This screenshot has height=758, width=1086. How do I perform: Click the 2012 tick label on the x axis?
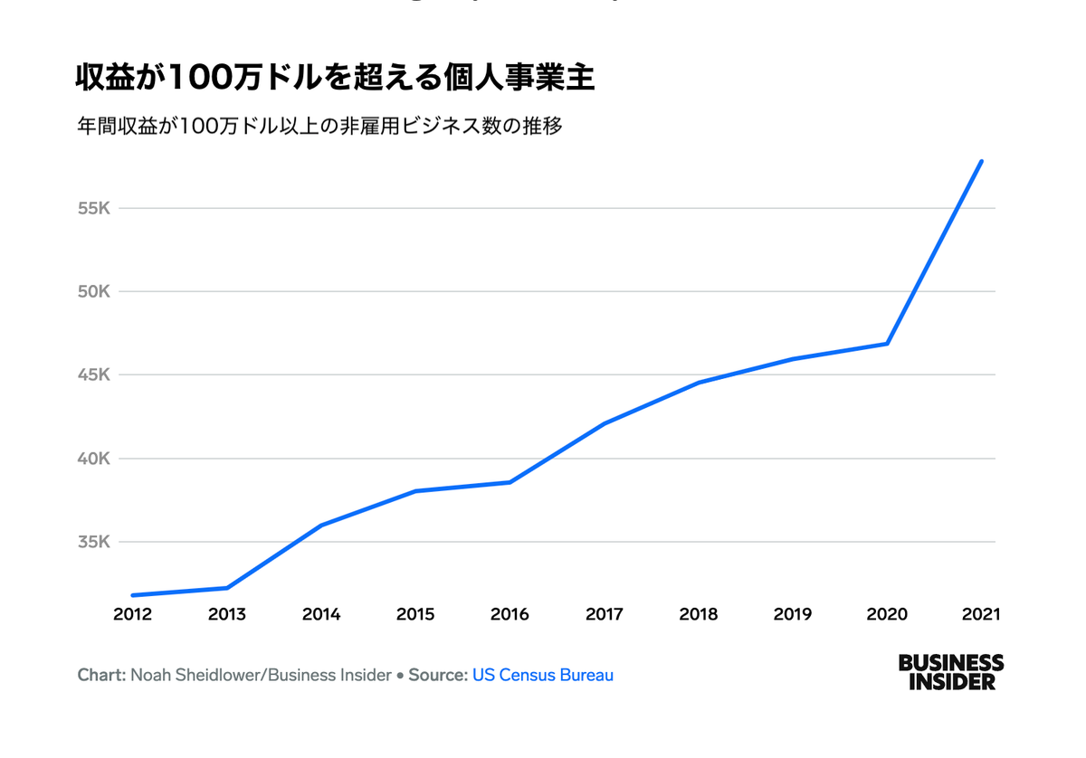tap(132, 614)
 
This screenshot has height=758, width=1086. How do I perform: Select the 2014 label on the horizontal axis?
tap(321, 614)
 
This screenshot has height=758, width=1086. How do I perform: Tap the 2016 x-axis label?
tap(510, 614)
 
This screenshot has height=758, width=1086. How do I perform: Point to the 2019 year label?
tap(793, 614)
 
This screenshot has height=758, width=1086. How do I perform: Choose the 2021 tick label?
tap(981, 614)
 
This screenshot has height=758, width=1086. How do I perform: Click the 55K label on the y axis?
tap(93, 209)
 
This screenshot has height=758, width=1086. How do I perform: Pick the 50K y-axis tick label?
tap(93, 292)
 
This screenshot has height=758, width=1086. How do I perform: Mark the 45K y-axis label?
tap(93, 375)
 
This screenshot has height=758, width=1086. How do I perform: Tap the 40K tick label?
tap(93, 459)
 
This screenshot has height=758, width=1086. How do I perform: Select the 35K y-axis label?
tap(93, 543)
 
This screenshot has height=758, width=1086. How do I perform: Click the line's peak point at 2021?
tap(981, 162)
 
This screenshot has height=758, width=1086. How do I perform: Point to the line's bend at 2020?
tap(887, 344)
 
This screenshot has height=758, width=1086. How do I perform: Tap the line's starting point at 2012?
tap(133, 595)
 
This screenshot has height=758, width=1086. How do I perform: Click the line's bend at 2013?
tap(227, 588)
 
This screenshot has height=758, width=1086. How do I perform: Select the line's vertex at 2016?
tap(510, 482)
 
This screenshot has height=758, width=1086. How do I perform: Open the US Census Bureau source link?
tap(542, 675)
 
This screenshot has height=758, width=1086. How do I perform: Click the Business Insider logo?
tap(950, 672)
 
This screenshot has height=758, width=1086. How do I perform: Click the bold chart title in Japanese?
tap(334, 78)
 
